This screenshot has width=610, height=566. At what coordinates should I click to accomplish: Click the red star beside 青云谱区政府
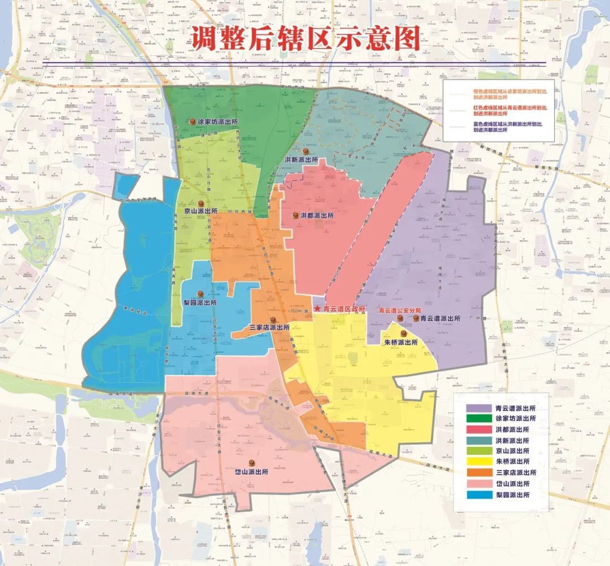[317, 309]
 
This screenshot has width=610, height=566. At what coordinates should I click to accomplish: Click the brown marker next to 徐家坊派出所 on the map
[193, 121]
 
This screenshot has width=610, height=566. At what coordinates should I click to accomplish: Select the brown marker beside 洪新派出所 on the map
[306, 152]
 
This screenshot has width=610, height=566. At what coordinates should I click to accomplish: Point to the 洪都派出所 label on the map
[317, 216]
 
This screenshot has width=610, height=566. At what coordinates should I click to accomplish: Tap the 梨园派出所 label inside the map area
[201, 302]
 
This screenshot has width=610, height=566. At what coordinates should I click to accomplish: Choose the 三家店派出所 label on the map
[269, 327]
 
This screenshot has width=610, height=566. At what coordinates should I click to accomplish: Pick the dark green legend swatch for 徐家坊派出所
[478, 419]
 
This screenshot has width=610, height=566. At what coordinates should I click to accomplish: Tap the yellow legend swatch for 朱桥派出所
[478, 462]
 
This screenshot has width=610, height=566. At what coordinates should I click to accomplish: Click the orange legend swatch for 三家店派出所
[478, 473]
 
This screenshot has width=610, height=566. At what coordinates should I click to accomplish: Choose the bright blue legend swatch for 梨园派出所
[478, 495]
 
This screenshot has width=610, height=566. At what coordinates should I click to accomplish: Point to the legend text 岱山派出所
[512, 484]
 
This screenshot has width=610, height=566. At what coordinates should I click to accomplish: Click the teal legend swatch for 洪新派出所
[478, 441]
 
